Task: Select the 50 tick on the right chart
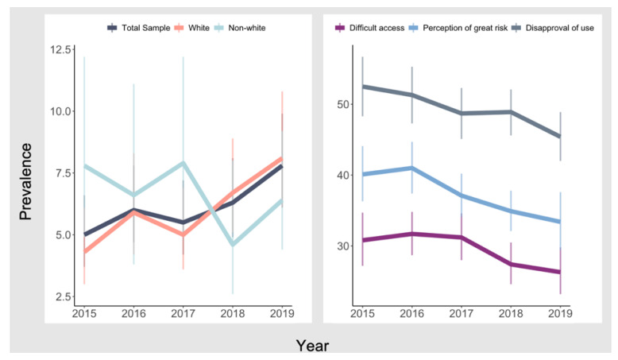click(342, 104)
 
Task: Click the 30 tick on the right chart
click(342, 246)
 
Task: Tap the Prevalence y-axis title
click(26, 181)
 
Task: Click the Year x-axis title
click(312, 345)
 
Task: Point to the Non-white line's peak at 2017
click(183, 163)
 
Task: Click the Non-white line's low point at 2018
click(233, 245)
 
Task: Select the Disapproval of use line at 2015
click(362, 86)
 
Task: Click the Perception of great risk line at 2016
click(411, 168)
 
